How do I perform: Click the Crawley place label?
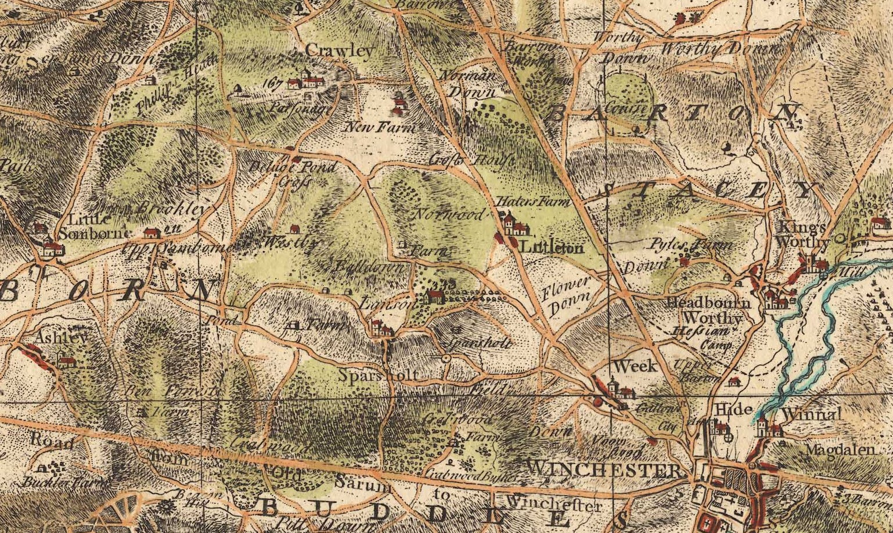coord(339,51)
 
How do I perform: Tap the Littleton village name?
coord(552,248)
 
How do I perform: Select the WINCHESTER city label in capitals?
coord(604,470)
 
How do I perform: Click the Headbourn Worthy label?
coord(708,311)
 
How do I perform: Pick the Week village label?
coord(635,366)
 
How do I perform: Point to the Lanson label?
coord(380,304)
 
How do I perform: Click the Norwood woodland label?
coord(448,214)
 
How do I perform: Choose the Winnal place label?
coord(811,414)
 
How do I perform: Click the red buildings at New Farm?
coord(399,105)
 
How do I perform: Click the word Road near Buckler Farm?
coord(52,441)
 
